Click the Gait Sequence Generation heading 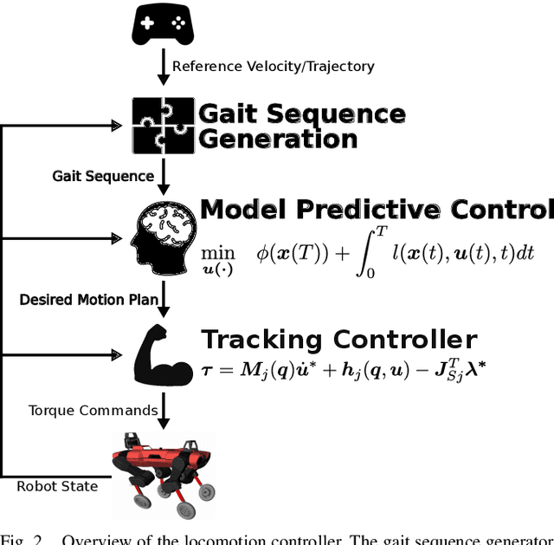coord(301,127)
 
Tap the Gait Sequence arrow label coord(102,177)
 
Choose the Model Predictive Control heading coord(376,211)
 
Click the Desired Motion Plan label coord(89,300)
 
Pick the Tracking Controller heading coord(338,339)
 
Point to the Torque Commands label coord(93,410)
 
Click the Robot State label coord(57,486)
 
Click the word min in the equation coord(218,252)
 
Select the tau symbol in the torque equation coord(207,370)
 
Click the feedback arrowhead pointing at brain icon coord(117,237)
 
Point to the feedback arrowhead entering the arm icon coord(117,354)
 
